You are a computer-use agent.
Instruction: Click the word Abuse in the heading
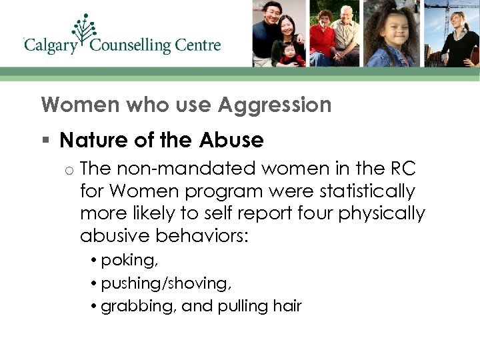231,140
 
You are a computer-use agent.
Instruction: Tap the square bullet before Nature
45,140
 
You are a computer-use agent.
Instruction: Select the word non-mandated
179,169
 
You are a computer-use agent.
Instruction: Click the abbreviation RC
400,169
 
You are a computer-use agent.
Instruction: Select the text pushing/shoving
165,283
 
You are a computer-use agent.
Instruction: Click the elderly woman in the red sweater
325,40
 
